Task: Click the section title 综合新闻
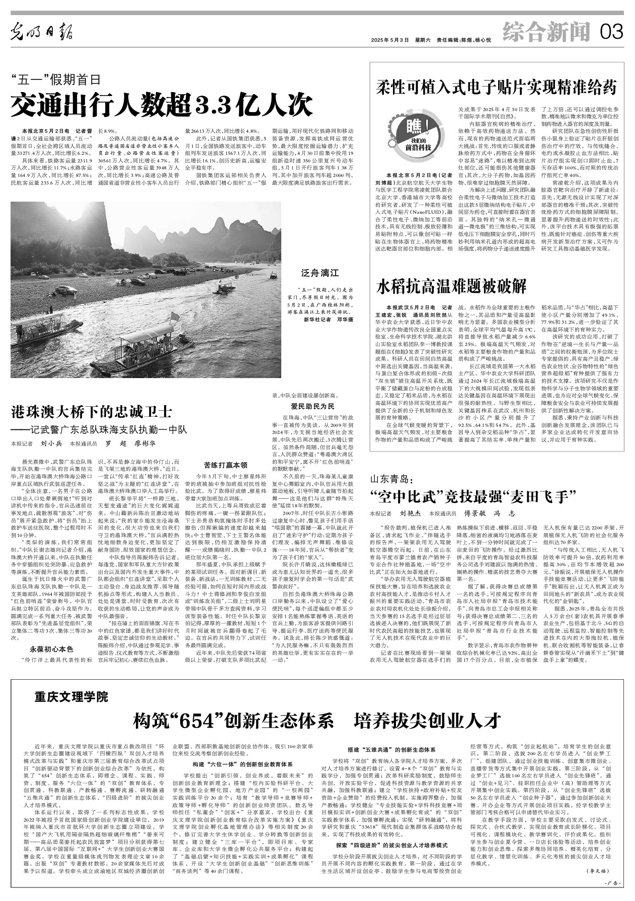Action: [x=546, y=33]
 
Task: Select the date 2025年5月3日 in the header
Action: [x=387, y=40]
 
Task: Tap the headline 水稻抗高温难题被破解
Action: [x=451, y=287]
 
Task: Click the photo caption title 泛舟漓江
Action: [x=327, y=273]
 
